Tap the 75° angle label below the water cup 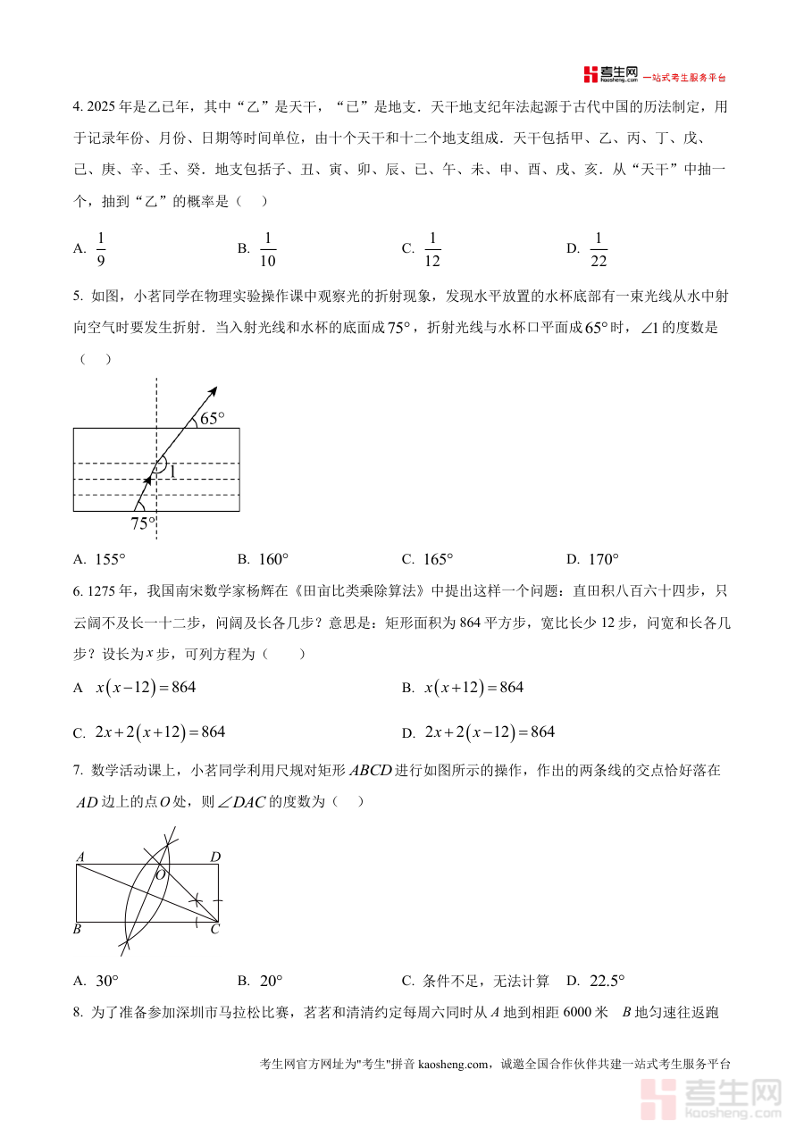coord(143,523)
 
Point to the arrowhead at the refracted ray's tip coord(213,390)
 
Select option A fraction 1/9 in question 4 coord(101,249)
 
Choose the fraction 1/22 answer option coord(599,249)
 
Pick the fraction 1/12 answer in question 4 coord(433,249)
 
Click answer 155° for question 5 coord(110,560)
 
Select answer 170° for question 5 coord(604,560)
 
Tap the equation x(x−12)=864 coord(145,688)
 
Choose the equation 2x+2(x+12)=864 coord(160,732)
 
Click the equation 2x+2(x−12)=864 coord(490,732)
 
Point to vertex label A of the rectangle coord(80,857)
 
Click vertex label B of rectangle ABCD coord(78,930)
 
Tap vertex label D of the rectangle coord(215,857)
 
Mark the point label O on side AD coord(161,874)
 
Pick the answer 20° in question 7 coord(271,981)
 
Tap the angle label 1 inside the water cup coord(172,471)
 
